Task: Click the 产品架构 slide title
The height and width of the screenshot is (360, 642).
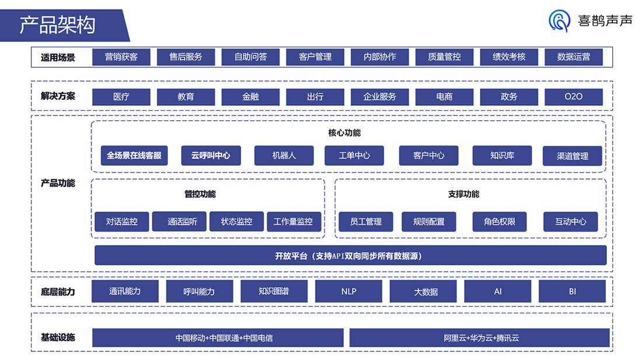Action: click(x=57, y=25)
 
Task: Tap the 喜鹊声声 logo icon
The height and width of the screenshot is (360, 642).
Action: click(x=559, y=21)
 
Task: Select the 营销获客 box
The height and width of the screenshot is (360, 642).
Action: click(x=121, y=57)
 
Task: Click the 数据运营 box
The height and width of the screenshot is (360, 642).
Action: click(x=573, y=57)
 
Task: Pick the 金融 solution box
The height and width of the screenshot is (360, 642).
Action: click(x=250, y=97)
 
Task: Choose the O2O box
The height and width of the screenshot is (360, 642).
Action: click(x=573, y=97)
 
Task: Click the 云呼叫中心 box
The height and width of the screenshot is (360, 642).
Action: click(x=211, y=156)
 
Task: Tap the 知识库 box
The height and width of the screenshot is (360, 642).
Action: click(x=502, y=156)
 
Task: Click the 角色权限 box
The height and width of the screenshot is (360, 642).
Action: click(x=499, y=222)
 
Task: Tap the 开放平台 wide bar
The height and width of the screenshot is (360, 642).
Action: click(x=350, y=256)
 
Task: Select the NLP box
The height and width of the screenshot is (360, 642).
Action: click(x=348, y=291)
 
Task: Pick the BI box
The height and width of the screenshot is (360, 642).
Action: click(x=572, y=291)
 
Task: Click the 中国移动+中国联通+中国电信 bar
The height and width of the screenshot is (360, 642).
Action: click(x=218, y=338)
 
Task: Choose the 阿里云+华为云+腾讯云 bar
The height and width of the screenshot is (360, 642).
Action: click(x=479, y=338)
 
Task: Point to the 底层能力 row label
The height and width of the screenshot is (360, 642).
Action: click(x=58, y=292)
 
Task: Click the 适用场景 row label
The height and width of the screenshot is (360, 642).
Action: click(x=58, y=57)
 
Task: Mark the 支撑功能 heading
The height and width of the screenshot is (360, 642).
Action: click(x=463, y=194)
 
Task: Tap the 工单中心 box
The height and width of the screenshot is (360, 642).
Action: click(x=354, y=156)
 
